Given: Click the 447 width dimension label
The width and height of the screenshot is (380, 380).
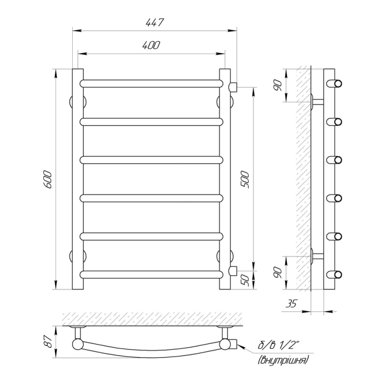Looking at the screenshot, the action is pos(155,22).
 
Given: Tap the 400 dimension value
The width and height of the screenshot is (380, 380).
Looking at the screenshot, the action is pos(151,45).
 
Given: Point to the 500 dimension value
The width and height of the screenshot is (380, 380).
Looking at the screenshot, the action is pos(245,180).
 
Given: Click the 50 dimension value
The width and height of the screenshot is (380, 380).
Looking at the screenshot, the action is pos(245,280).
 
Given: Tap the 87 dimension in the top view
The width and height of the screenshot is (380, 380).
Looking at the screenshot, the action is pos(49,342).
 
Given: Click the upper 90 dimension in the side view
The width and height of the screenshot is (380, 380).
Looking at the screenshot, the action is pos(278,85).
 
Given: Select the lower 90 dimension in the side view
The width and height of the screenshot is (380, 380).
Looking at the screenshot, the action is pos(278,273).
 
